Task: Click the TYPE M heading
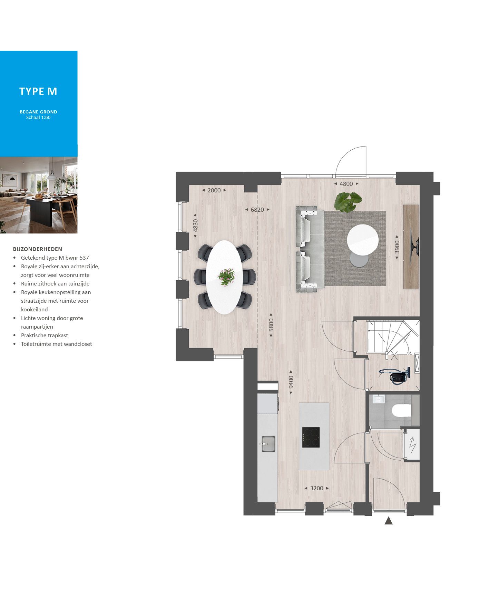click(38, 91)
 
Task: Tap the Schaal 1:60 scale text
click(38, 118)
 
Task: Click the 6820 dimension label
click(257, 210)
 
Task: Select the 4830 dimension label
click(195, 226)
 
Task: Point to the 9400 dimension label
click(291, 382)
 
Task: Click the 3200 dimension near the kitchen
click(316, 488)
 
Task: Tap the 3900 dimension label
click(397, 247)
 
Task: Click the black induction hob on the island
click(311, 437)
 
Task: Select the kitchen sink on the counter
click(268, 444)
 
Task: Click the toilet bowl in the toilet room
click(402, 411)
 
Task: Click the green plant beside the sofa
click(348, 201)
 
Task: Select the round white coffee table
click(362, 240)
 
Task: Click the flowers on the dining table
click(226, 277)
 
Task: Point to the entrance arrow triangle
click(389, 521)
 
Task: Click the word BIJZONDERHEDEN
click(38, 249)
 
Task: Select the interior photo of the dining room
click(39, 195)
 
